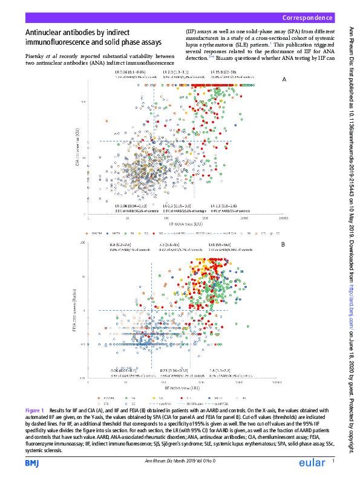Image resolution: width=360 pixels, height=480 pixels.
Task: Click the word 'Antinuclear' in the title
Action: click(x=49, y=33)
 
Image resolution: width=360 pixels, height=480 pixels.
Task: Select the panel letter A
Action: click(x=284, y=79)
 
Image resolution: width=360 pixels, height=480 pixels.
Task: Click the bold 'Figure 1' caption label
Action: click(x=35, y=410)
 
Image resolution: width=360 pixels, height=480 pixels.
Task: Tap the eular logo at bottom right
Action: click(x=314, y=463)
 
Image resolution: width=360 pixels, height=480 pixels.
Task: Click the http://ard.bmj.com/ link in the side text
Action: click(x=350, y=288)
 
